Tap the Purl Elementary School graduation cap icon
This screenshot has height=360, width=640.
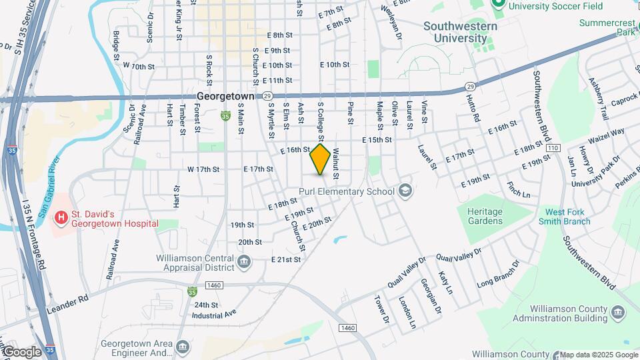405,192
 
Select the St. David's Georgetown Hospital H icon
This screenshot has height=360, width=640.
61,217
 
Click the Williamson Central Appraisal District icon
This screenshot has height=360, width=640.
244,260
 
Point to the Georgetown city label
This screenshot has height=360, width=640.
225,97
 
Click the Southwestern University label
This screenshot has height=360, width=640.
460,32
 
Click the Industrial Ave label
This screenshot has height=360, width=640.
215,313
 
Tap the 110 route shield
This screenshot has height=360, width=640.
552,147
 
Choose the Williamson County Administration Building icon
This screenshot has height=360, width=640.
617,312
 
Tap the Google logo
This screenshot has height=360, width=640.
21,352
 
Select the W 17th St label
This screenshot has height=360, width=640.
203,169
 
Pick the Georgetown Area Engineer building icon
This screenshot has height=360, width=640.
183,345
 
